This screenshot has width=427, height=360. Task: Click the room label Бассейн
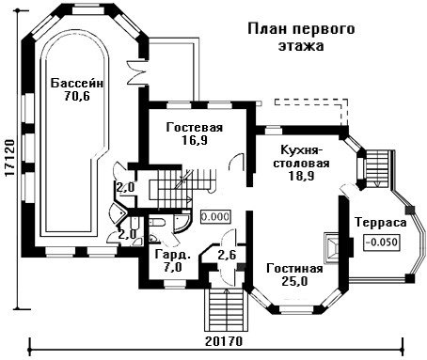(77, 84)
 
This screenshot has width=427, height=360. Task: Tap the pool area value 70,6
(77, 96)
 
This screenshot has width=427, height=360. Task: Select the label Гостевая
(195, 128)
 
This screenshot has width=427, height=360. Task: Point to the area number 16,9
(195, 140)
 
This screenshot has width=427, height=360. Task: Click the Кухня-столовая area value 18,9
(301, 176)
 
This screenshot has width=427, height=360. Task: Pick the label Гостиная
(294, 269)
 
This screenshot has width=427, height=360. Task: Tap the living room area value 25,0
(294, 281)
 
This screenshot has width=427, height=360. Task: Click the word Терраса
(381, 223)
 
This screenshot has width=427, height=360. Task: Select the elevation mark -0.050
(383, 243)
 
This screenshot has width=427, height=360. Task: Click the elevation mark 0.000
(215, 217)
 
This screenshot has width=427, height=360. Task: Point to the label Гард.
(173, 255)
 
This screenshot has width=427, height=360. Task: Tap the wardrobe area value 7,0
(173, 267)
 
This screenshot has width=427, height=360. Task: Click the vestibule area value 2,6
(227, 256)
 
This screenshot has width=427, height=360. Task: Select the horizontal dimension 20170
(224, 341)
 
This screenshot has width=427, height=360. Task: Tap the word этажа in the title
(301, 46)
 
